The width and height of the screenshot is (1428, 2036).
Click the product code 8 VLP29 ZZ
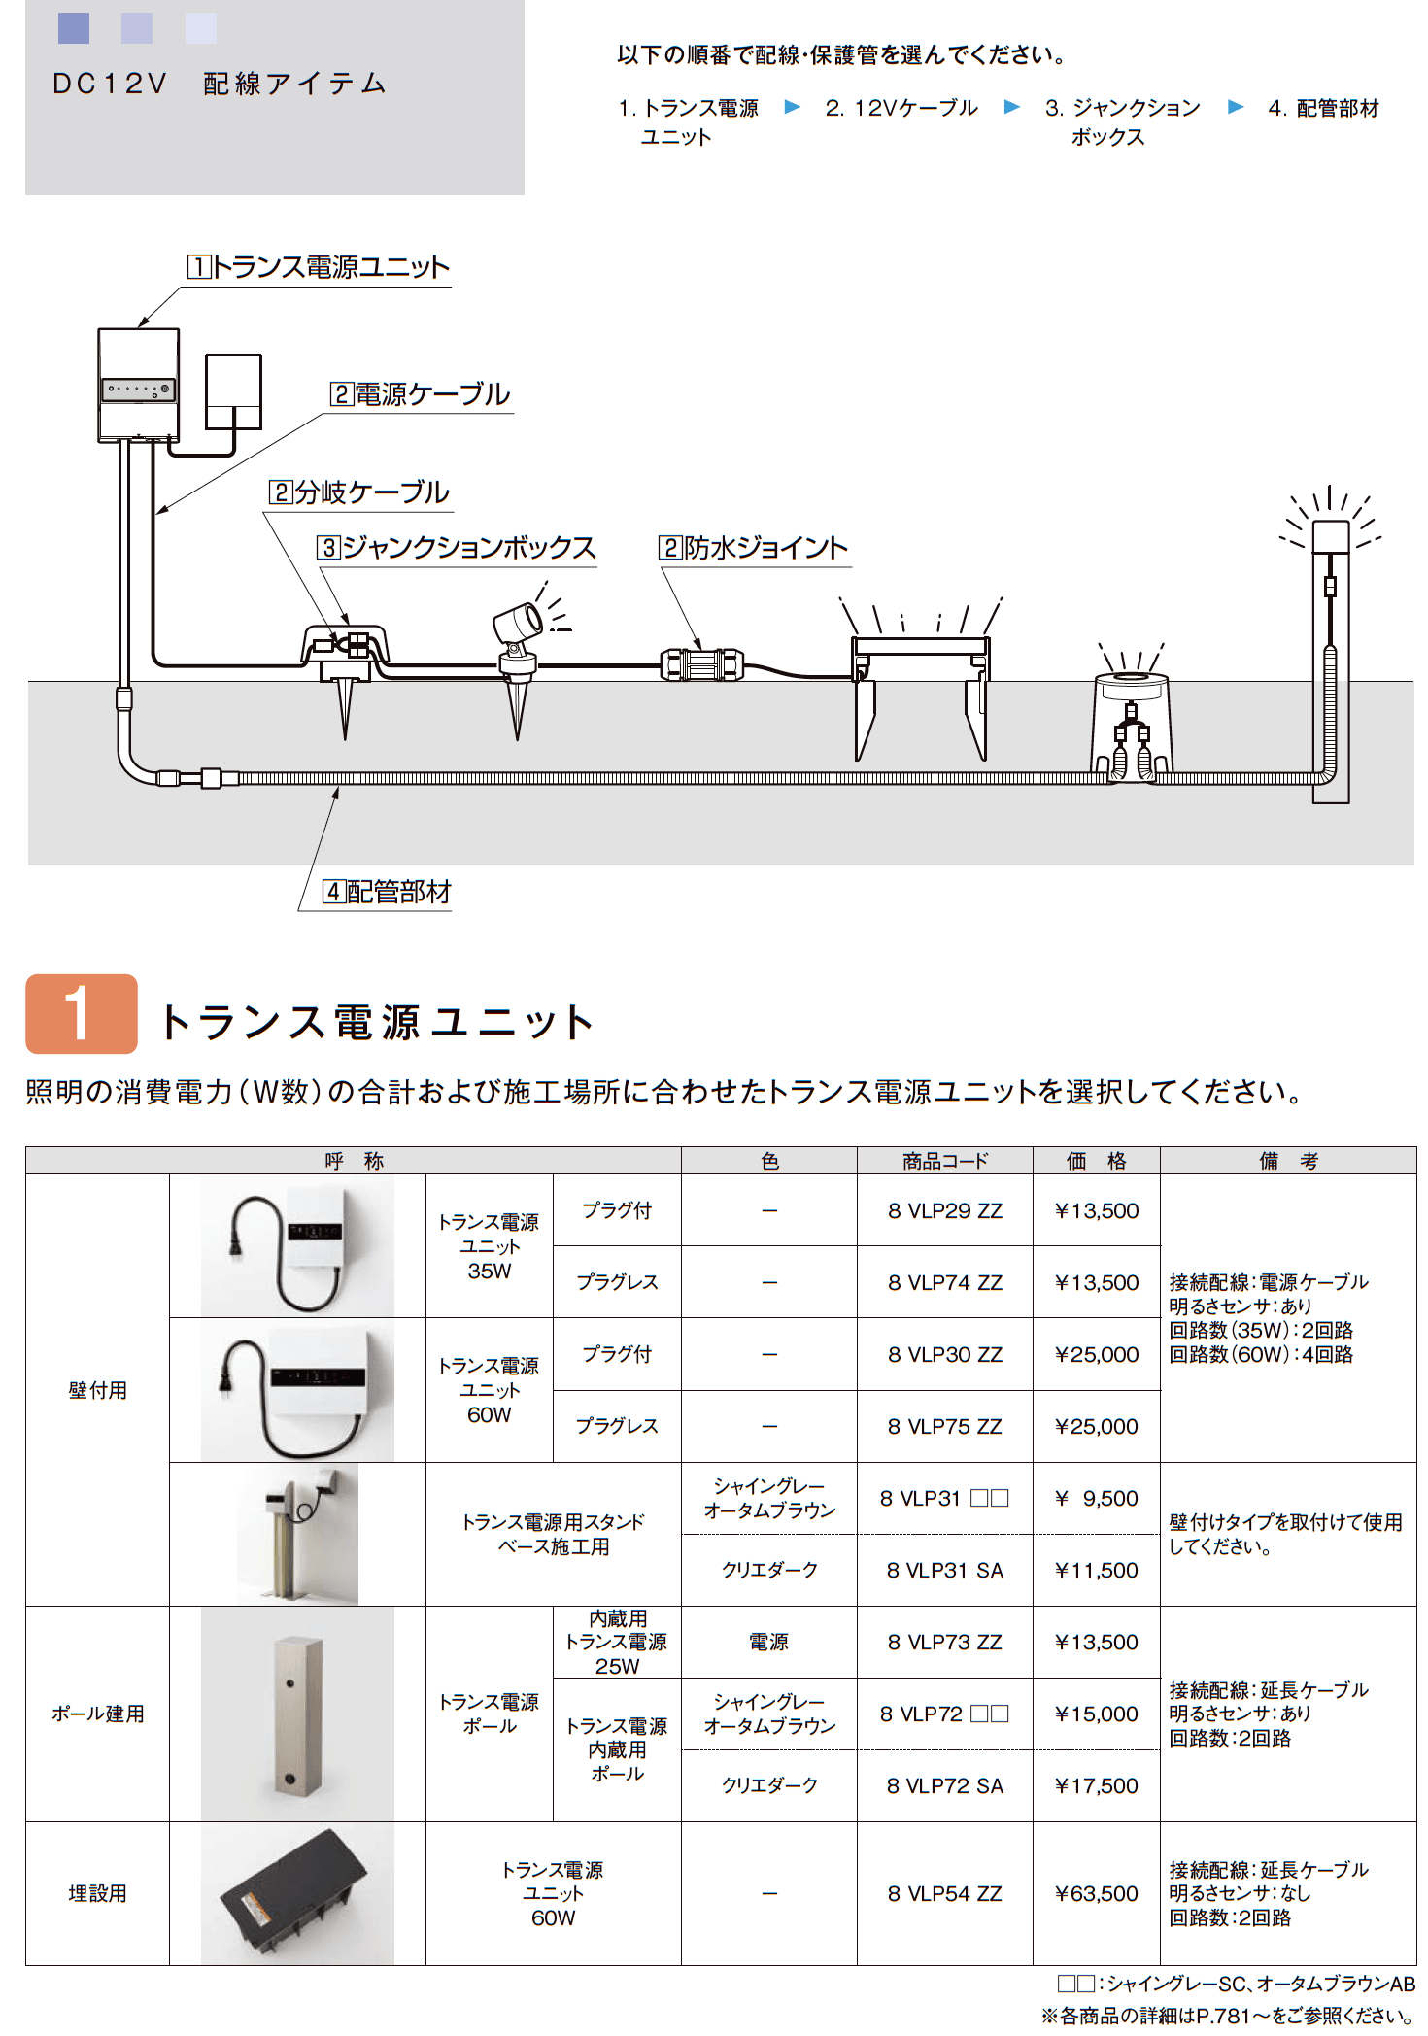[944, 1210]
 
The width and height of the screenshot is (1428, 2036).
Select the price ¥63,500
[1096, 1893]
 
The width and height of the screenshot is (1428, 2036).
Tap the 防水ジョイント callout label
[754, 548]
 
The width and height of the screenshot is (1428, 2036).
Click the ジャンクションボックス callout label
[457, 548]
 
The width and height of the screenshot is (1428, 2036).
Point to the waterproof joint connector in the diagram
[701, 665]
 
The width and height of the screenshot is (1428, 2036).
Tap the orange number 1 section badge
[82, 1014]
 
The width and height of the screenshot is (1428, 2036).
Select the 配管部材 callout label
[388, 892]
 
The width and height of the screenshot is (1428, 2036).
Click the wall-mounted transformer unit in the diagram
[139, 386]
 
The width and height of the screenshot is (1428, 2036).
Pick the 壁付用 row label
[97, 1390]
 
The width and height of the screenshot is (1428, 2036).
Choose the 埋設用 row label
[97, 1893]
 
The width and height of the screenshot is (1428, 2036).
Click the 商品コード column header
[944, 1161]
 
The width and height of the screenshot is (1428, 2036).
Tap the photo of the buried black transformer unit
[297, 1893]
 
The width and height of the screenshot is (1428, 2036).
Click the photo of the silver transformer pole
[297, 1714]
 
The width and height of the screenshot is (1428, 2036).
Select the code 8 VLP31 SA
[944, 1570]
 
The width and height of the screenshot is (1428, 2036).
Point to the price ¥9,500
[1096, 1498]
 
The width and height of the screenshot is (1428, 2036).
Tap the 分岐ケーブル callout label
[359, 492]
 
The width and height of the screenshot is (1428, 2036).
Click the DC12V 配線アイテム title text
[220, 85]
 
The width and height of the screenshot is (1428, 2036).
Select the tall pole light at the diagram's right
[1330, 661]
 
